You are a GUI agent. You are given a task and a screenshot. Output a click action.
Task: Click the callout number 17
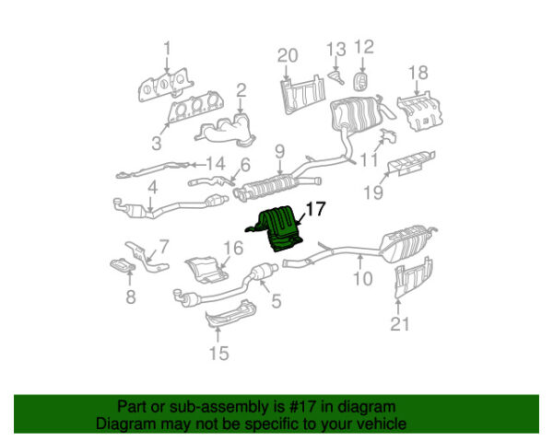314,211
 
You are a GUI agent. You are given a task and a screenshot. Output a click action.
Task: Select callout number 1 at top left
167,48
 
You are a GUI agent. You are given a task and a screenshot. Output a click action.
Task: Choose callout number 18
418,73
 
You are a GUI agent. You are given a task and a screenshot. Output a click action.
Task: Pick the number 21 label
397,323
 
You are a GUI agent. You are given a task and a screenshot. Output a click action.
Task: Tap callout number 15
218,353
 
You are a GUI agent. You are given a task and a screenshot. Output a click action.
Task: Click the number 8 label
130,297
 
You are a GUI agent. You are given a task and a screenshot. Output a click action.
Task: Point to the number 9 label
277,148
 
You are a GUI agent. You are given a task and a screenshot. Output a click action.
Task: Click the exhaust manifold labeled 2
224,126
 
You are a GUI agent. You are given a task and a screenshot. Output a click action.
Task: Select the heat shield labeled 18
421,110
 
